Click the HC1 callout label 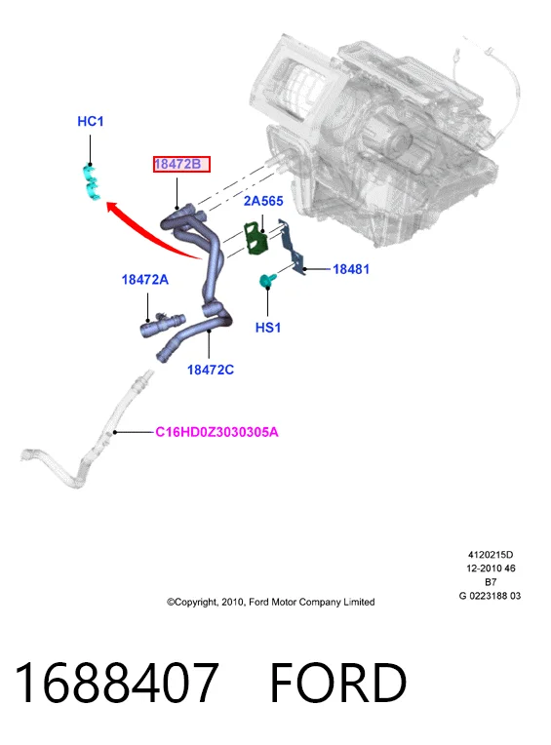91,122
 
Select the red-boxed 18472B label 181,165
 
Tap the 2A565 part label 263,201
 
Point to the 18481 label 350,269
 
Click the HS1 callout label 268,328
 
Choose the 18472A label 145,280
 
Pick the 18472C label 211,370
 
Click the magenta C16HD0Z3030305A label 216,432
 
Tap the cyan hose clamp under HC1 92,182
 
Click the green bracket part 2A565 256,239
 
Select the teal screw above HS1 266,280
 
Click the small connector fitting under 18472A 162,325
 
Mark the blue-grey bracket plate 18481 292,248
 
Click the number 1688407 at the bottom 116,683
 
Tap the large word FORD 338,683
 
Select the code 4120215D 491,555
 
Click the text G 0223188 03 490,596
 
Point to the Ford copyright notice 270,602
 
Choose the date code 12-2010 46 491,569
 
